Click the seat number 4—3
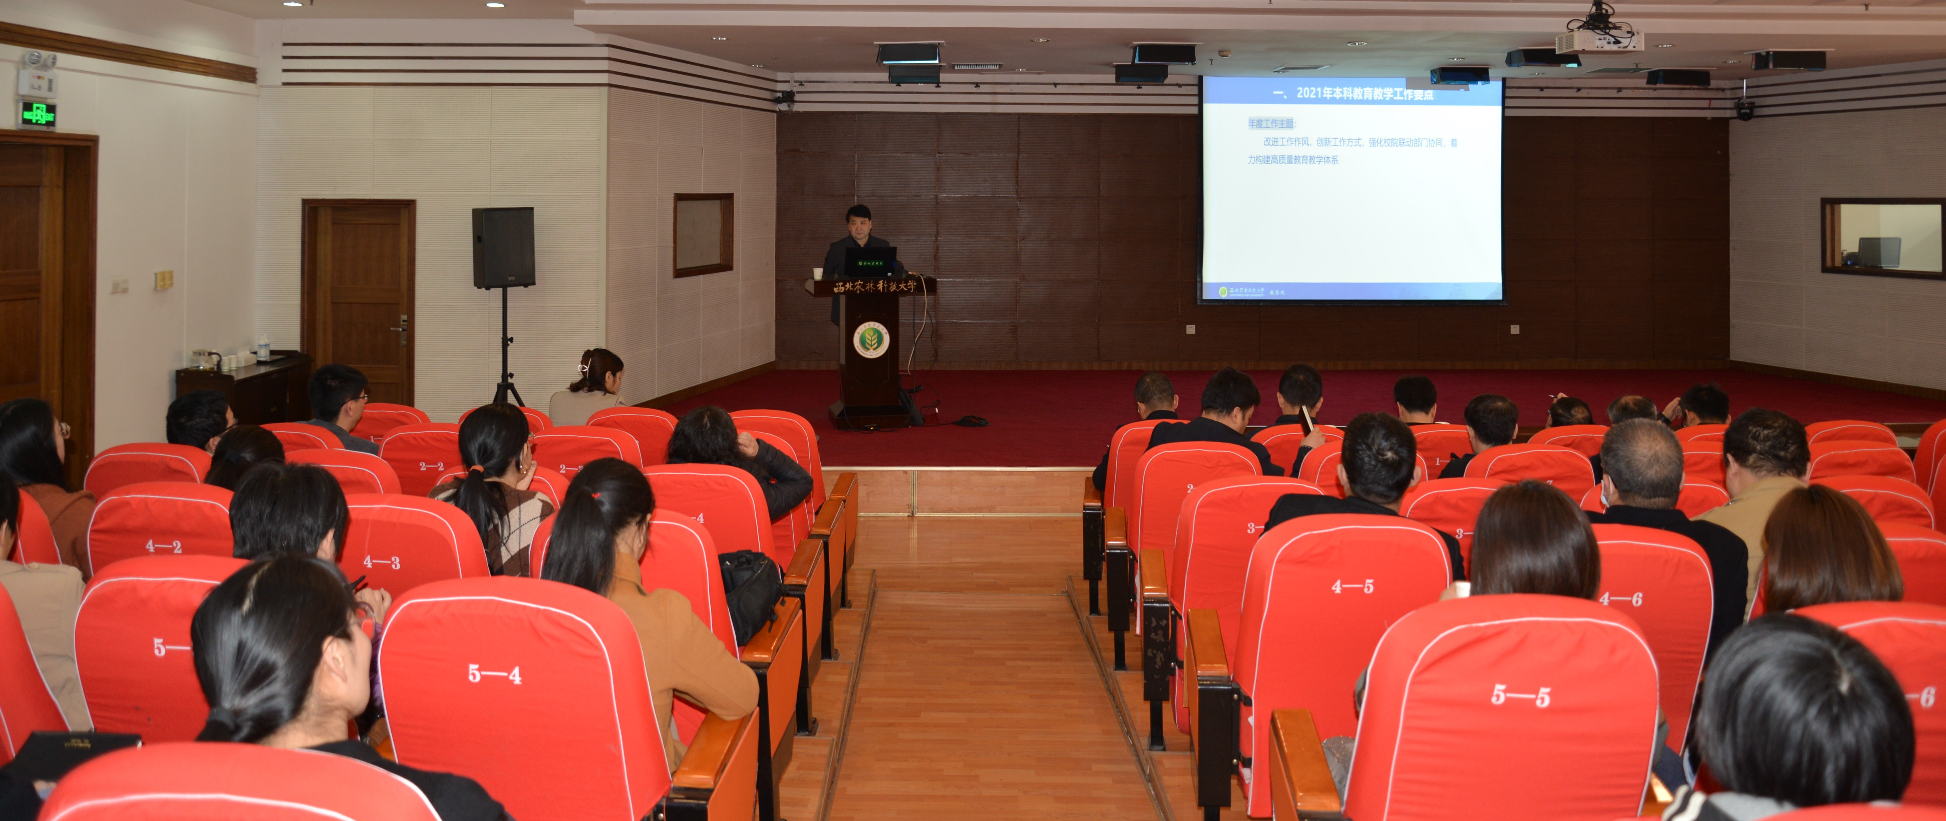pos(382,561)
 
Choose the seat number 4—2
pos(163,545)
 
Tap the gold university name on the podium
pos(875,286)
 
